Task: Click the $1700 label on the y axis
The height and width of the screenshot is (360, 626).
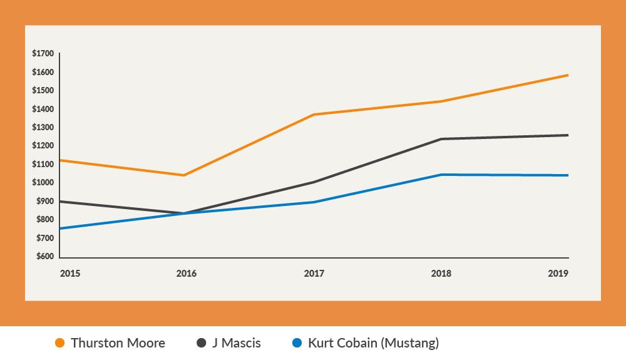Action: pos(43,54)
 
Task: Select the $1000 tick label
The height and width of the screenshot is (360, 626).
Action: pos(43,183)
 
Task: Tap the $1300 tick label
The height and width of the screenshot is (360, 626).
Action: pos(43,128)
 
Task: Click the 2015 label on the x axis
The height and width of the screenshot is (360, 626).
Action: pos(69,274)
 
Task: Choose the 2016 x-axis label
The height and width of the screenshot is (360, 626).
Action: pos(186,274)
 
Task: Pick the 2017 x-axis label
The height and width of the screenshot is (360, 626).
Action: pos(314,274)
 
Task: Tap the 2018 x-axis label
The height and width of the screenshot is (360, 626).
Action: pos(441,274)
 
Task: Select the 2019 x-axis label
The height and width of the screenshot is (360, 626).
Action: pos(558,274)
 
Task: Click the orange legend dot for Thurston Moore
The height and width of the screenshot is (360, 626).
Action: pos(60,343)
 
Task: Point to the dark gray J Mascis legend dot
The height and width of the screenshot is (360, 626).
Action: pos(202,343)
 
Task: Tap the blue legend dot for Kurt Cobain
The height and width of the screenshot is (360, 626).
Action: pos(297,343)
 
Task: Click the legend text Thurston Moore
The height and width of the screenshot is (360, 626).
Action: pos(118,343)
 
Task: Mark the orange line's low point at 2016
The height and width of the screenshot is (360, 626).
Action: pos(183,175)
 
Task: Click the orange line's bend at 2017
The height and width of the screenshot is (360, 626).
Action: pos(314,115)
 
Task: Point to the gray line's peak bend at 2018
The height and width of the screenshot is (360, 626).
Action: pos(441,139)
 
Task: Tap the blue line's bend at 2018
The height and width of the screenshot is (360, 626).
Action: pos(441,175)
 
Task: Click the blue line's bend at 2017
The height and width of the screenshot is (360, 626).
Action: pos(314,202)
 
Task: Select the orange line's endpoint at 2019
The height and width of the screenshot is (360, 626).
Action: pos(568,75)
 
